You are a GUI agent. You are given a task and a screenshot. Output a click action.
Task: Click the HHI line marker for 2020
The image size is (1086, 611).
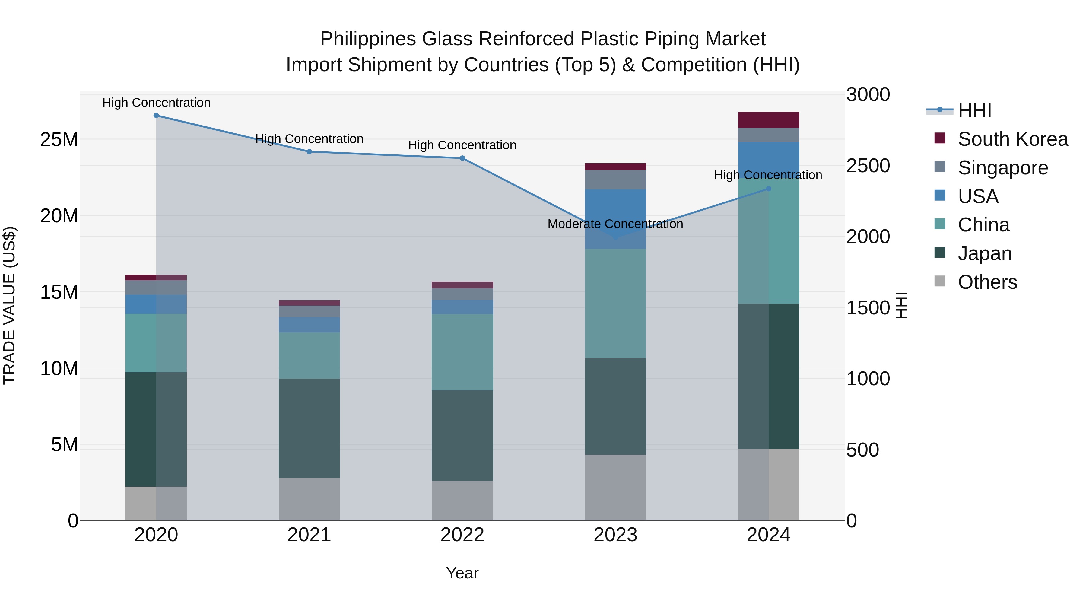156,116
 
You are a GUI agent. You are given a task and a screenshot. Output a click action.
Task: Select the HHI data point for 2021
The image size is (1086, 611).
309,152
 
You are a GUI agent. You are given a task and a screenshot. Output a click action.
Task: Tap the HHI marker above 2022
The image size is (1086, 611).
462,158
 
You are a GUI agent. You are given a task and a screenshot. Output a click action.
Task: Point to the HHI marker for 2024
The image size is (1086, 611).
768,189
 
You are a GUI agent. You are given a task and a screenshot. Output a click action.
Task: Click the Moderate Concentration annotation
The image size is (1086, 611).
615,224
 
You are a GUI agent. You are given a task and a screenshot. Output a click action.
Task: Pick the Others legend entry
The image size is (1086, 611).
987,282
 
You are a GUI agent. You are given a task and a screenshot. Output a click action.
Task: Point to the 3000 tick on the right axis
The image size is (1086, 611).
868,94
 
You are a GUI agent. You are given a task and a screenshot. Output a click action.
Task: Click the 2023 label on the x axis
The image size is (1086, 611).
615,535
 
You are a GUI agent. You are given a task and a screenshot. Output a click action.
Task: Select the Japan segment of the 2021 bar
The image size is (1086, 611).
309,428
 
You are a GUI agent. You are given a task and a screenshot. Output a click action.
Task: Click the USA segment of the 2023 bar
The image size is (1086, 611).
615,219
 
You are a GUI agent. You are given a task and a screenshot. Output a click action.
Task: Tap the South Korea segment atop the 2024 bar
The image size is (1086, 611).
768,120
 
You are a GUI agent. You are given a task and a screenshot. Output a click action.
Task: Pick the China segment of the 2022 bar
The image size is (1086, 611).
462,352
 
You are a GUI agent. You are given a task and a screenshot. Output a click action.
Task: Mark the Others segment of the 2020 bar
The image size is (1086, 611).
156,504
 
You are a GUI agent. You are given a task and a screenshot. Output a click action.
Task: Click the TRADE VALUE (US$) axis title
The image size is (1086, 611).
9,306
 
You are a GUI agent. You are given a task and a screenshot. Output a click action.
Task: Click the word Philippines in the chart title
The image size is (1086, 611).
368,39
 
